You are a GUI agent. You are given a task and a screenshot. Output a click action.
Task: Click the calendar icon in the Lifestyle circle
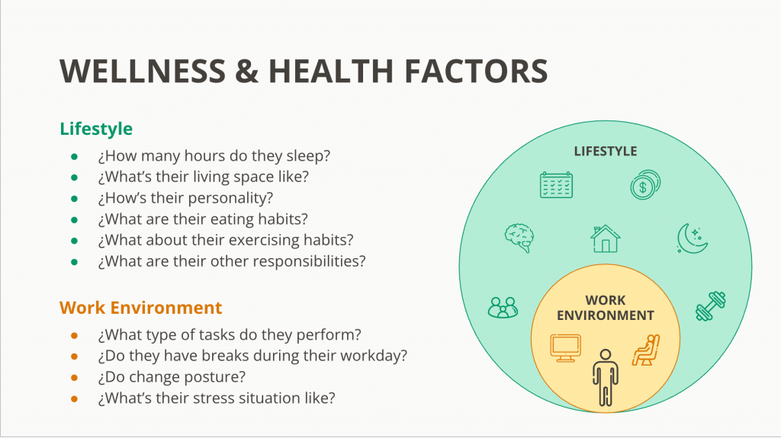point(556,185)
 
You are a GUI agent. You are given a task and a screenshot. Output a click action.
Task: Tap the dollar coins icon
point(645,184)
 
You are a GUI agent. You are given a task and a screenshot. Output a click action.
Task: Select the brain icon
point(519,238)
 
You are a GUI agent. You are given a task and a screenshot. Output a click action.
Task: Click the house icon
point(605,238)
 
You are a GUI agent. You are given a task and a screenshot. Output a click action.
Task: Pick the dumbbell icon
point(711,306)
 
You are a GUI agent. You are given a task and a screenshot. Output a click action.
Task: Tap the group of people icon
point(503,307)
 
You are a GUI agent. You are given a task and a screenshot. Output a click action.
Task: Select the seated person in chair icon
point(646,350)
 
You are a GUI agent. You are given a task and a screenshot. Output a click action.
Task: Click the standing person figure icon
point(605,377)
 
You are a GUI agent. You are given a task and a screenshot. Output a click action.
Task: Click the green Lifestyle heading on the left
point(96,129)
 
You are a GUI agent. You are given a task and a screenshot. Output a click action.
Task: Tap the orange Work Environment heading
point(140,308)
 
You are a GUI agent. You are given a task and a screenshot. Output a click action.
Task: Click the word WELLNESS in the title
point(143,71)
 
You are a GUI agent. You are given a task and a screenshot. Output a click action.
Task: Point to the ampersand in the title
point(247,71)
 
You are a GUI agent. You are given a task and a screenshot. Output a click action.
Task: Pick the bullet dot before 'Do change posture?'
point(74,378)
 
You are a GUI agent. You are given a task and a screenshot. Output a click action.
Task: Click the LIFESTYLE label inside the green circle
point(605,152)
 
